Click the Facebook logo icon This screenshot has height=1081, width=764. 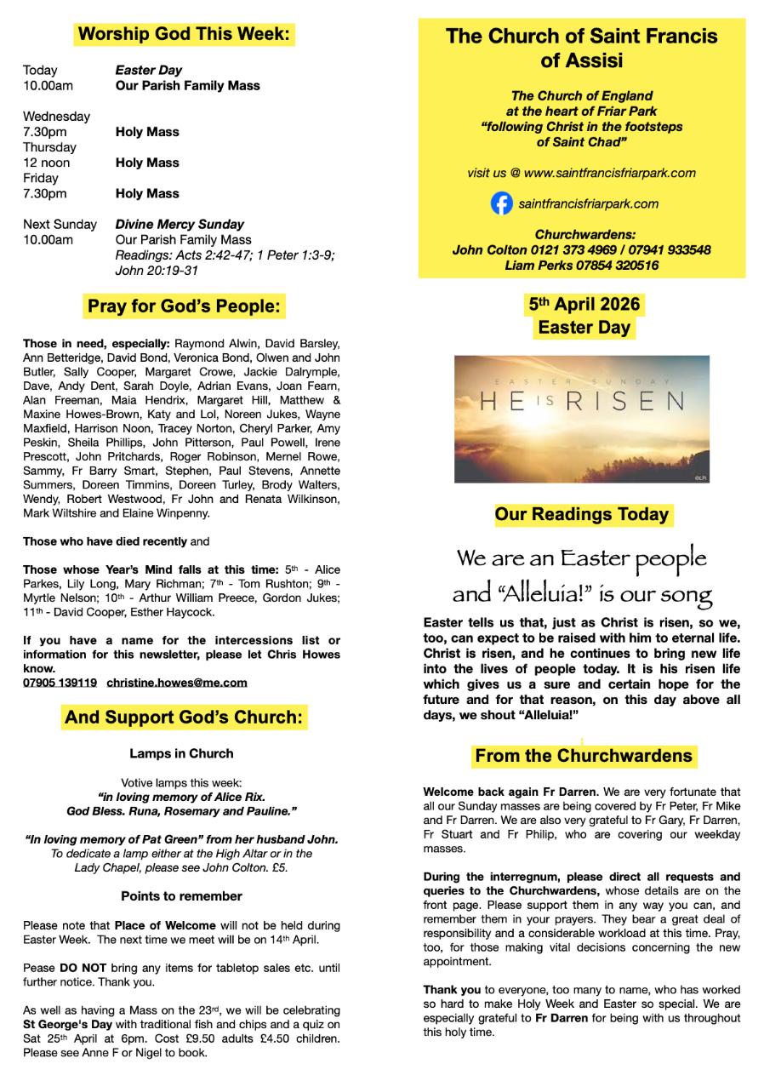[502, 204]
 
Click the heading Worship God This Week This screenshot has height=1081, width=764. [184, 35]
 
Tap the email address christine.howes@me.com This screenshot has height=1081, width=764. [177, 682]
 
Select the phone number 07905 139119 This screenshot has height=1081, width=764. [60, 682]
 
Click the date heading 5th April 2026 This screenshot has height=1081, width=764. [584, 305]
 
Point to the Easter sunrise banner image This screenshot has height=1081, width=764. [582, 420]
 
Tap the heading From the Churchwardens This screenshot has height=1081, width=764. [583, 755]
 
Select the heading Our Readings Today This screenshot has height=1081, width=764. [583, 514]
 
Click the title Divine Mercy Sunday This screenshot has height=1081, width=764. [180, 225]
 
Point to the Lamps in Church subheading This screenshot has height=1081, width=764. [181, 753]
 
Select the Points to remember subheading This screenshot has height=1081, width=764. [181, 895]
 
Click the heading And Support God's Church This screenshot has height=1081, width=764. [184, 718]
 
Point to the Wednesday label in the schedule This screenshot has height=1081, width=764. [56, 117]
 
